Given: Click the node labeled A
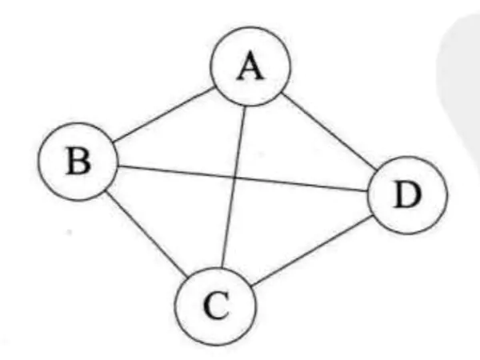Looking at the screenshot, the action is click(250, 70).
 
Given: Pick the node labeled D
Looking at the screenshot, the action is click(406, 194).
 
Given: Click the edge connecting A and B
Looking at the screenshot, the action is click(164, 118).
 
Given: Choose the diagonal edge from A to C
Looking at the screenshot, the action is click(233, 192).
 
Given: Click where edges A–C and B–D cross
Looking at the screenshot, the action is click(236, 178).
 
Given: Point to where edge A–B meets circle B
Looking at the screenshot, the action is click(113, 145).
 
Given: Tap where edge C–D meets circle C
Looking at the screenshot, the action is click(250, 286).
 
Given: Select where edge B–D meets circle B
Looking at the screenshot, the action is click(118, 166).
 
